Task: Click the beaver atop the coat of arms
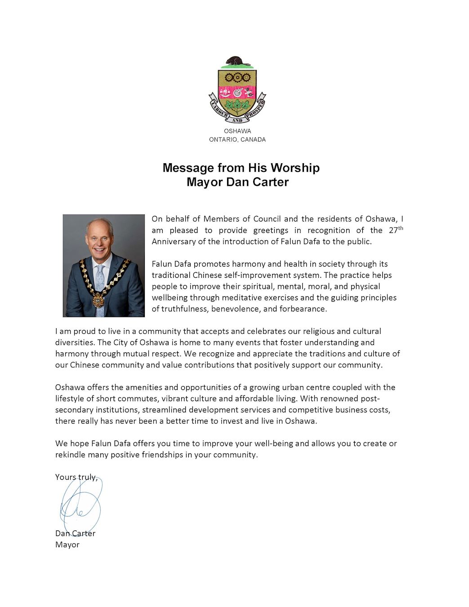click(x=237, y=62)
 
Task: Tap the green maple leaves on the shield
click(x=237, y=107)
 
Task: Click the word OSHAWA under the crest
click(x=237, y=131)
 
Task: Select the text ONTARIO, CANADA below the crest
click(x=237, y=139)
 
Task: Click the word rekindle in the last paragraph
click(x=71, y=455)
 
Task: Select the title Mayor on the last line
click(x=67, y=545)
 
